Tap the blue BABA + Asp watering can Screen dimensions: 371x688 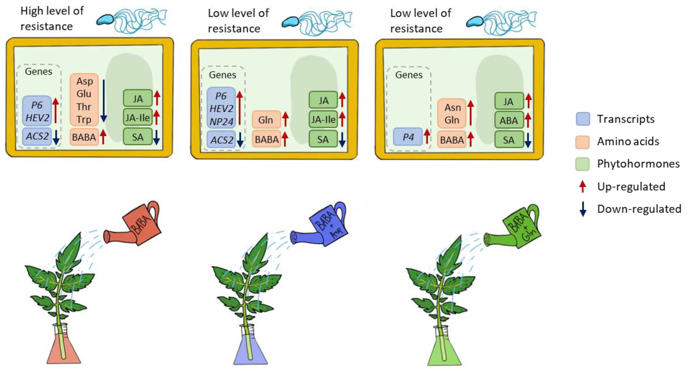tap(327, 225)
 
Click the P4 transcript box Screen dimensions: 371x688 tap(408, 137)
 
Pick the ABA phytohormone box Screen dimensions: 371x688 tap(509, 120)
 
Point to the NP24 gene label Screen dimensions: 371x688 tap(221, 122)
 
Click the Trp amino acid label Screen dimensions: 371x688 tap(84, 119)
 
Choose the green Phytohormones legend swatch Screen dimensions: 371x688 tap(583, 164)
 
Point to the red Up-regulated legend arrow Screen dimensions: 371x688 tap(583, 186)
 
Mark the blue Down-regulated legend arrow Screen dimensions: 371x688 tap(583, 209)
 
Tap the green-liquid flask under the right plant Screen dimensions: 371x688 tap(444, 351)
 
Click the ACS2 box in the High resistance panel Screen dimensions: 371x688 tap(37, 136)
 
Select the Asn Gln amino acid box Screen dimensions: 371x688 tap(452, 114)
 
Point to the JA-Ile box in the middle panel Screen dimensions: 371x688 tap(323, 119)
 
